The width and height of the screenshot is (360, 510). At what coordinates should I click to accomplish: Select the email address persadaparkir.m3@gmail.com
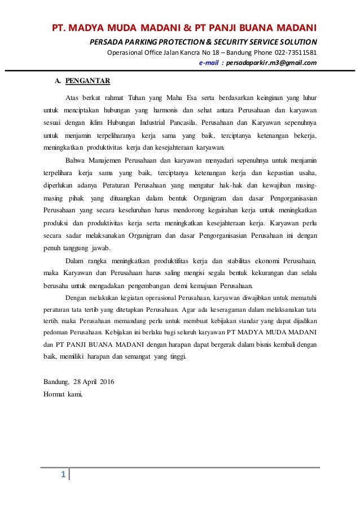(x=270, y=63)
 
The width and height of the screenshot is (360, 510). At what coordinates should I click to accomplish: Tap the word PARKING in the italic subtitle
(x=137, y=42)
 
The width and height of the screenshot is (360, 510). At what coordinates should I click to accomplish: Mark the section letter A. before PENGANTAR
(x=57, y=80)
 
